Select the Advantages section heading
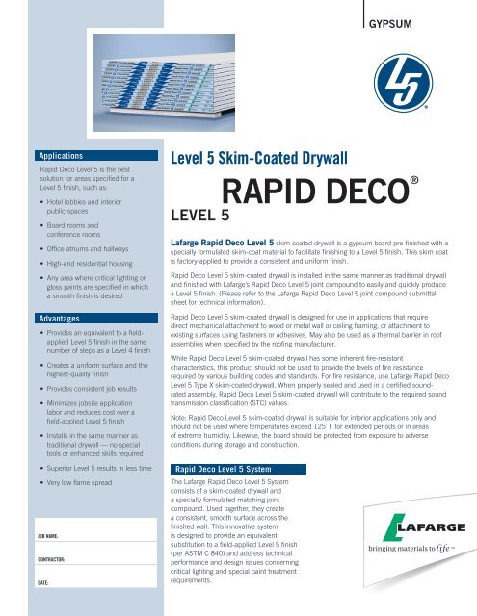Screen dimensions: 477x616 coord(57,290)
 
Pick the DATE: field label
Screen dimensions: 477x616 coord(45,582)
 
